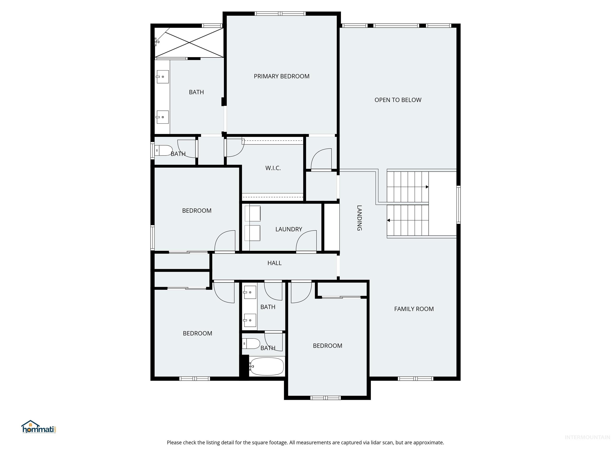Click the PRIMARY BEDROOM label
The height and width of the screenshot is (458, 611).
tap(281, 76)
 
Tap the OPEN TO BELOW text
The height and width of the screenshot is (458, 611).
tap(398, 100)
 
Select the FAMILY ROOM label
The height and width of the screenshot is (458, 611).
tap(414, 309)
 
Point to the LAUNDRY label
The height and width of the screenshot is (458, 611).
tap(289, 229)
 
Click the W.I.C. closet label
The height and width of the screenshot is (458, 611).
tap(273, 168)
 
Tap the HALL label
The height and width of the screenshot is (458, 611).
tap(274, 263)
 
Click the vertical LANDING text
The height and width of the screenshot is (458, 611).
tap(359, 218)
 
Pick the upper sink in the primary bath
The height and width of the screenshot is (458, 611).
tap(162, 77)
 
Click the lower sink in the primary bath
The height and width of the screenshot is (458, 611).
tap(162, 117)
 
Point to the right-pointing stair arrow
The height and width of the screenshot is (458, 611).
tap(427, 187)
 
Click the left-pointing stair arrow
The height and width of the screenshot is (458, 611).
tap(388, 220)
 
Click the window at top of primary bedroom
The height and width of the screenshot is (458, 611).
tap(280, 14)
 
